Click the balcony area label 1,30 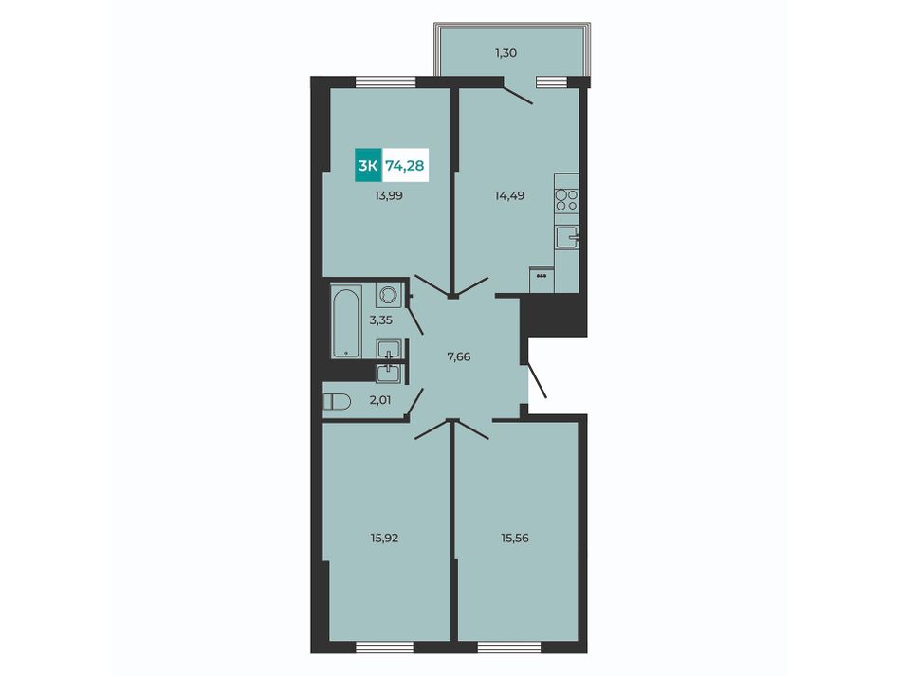click(x=506, y=53)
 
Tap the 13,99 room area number click(x=389, y=195)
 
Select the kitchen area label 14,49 click(x=509, y=195)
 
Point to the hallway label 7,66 click(x=459, y=356)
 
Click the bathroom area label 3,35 click(x=381, y=320)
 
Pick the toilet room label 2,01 click(x=379, y=400)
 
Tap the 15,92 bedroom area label click(x=384, y=539)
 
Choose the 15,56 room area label click(x=514, y=539)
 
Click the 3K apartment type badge click(x=368, y=166)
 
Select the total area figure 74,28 click(x=405, y=166)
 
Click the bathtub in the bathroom click(x=346, y=321)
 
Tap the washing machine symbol click(x=389, y=295)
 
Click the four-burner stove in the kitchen click(x=566, y=199)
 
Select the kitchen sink click(x=567, y=237)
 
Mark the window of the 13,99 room click(x=386, y=82)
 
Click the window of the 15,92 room click(x=384, y=648)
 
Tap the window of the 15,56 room click(x=509, y=648)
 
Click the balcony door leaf click(x=517, y=94)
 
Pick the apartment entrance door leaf click(x=537, y=379)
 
